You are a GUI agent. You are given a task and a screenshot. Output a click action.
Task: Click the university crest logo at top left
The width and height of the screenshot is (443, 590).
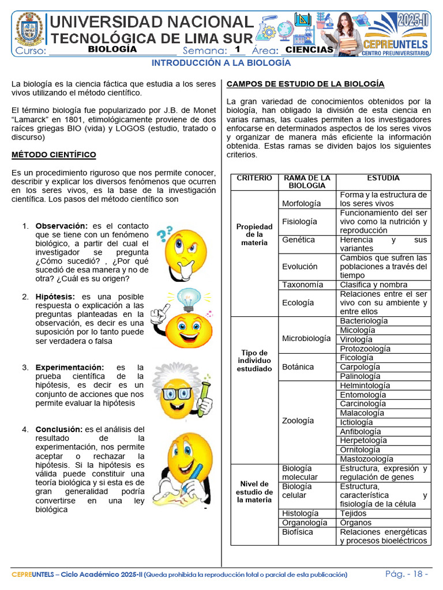coord(29,29)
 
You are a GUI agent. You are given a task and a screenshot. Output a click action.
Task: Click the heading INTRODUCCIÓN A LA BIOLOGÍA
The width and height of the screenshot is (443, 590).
coord(221,63)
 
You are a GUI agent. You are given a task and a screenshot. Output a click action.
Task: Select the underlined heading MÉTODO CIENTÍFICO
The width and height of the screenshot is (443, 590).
coord(54,155)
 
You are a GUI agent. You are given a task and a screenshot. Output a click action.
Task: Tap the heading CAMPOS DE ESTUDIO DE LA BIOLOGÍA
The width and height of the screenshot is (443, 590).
coord(305,84)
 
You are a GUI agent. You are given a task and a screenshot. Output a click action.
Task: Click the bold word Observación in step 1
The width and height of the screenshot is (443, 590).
coord(62,226)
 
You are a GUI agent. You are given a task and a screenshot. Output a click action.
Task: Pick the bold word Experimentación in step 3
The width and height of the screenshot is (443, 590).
coord(70,367)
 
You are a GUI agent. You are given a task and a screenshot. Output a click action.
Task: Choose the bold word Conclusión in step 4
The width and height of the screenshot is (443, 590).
coord(59,429)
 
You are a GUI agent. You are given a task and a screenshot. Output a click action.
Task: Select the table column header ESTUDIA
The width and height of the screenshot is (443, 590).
coord(383,179)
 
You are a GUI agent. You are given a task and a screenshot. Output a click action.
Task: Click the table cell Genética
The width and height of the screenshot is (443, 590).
coord(298,240)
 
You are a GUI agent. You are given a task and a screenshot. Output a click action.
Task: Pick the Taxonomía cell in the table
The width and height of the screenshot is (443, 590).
coord(302,285)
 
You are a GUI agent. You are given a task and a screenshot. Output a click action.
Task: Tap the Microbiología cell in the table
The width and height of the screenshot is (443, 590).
coord(306,338)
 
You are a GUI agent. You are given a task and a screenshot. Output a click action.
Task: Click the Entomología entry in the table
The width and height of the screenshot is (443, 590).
coord(363,395)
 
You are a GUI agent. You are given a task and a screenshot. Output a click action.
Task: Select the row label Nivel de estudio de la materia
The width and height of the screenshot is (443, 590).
coord(254,492)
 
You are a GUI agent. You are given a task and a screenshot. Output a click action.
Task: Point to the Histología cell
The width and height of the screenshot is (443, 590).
coord(300,513)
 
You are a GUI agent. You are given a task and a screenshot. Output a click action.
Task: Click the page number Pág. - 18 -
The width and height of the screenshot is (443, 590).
coord(407,574)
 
